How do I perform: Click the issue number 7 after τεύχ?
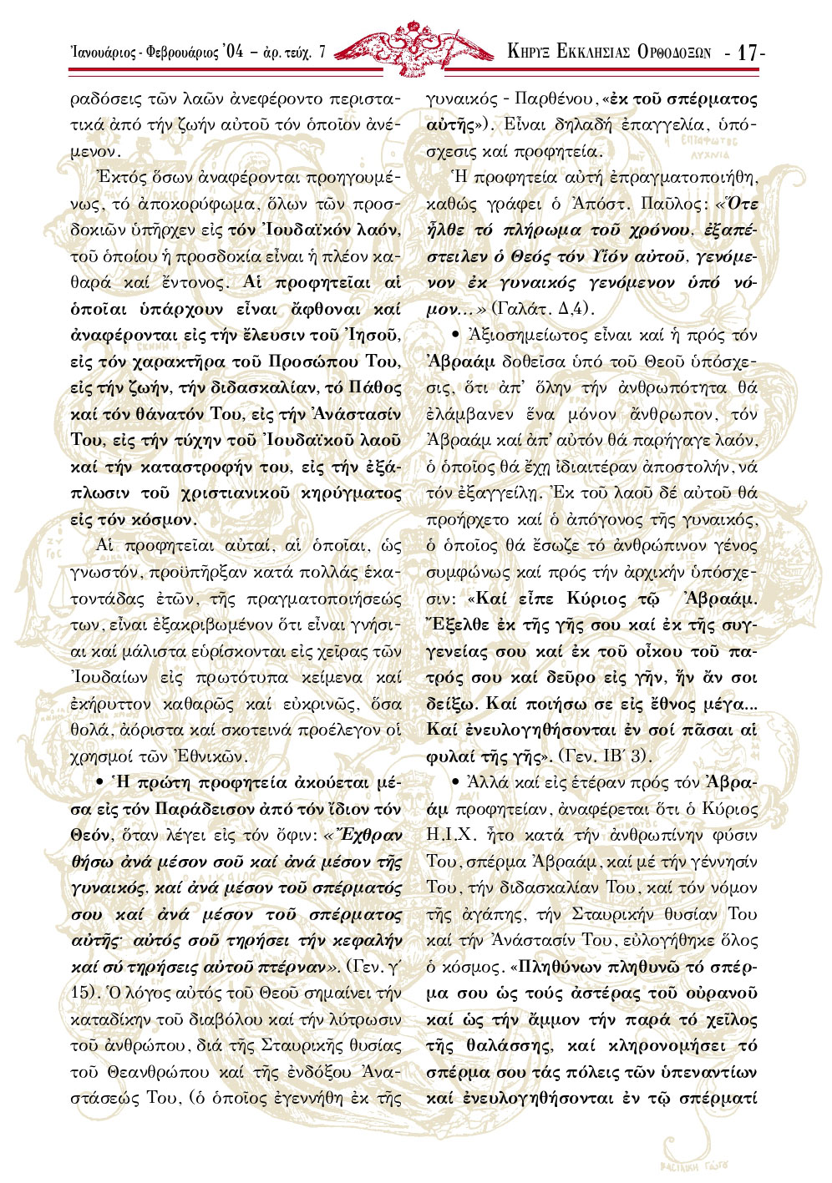tap(323, 52)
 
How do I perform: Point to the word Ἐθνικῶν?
tap(211, 756)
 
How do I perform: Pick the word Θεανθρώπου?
tap(138, 1071)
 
